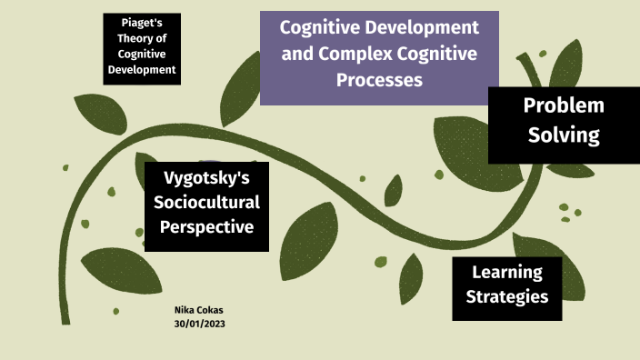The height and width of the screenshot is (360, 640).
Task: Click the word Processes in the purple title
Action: click(379, 79)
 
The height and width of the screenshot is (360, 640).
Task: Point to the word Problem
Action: click(564, 105)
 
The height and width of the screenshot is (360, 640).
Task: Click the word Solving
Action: click(564, 135)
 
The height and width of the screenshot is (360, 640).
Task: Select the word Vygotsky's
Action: click(206, 177)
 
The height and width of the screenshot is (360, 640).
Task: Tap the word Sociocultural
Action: click(206, 202)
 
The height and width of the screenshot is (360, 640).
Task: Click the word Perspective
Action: click(206, 226)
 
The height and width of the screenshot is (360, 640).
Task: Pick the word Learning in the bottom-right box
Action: click(507, 272)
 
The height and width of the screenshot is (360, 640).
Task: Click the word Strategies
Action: click(507, 296)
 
